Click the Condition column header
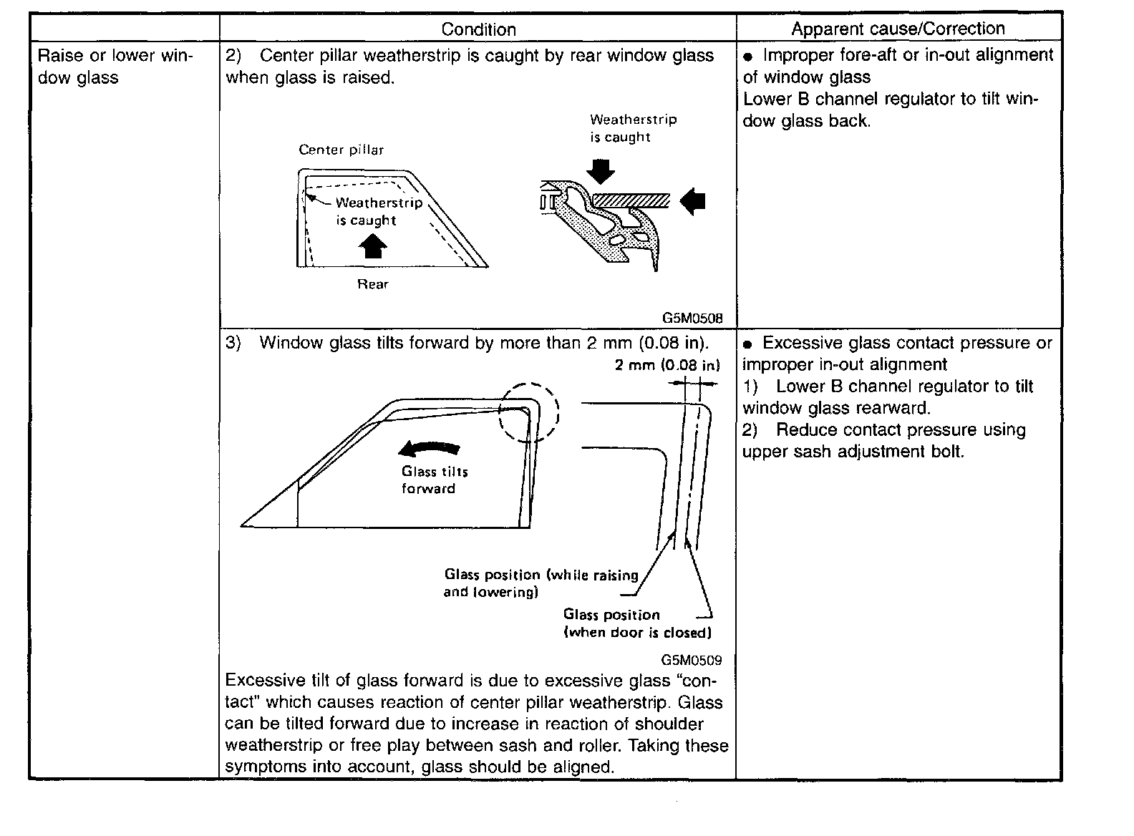pos(478,29)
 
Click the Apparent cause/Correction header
pos(898,29)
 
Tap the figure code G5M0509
pos(692,661)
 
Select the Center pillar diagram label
pos(341,150)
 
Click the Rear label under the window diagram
pos(373,284)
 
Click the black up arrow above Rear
pos(372,246)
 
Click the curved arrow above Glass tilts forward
pos(430,449)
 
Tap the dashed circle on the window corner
pos(528,413)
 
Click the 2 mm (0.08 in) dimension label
pos(667,365)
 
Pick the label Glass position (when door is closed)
pos(637,623)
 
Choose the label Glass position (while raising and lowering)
pos(541,583)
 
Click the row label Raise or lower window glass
pos(115,67)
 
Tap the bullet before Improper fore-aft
pos(749,57)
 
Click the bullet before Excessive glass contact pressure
pos(748,344)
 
